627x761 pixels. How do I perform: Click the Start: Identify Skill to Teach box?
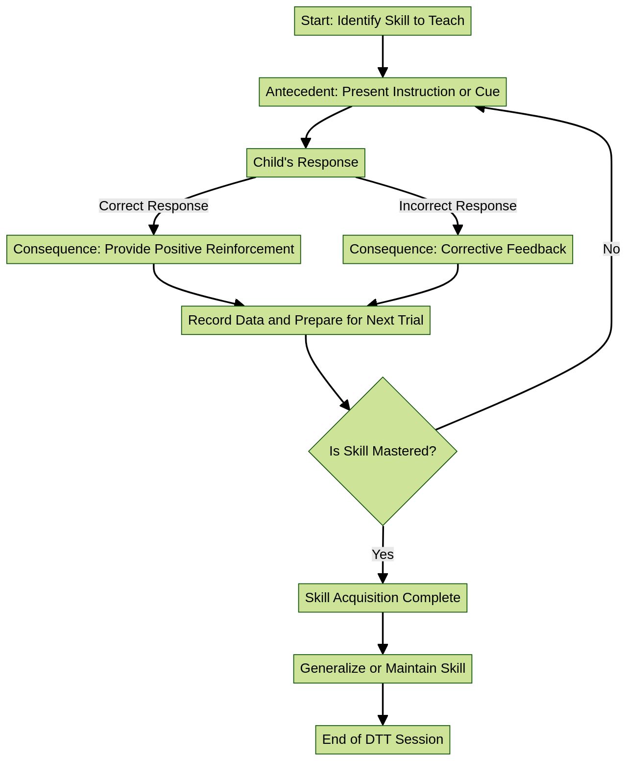(382, 21)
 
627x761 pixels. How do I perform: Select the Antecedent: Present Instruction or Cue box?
(382, 92)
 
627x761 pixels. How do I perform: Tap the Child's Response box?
(305, 162)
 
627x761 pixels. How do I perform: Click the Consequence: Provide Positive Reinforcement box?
(153, 249)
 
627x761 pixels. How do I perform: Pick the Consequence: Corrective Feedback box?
(457, 249)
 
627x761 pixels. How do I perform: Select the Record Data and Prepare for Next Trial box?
(305, 320)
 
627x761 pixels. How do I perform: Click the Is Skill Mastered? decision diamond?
(382, 471)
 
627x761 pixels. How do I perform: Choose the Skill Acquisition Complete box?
(382, 598)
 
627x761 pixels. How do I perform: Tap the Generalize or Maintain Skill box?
(382, 668)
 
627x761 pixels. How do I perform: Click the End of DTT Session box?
(382, 739)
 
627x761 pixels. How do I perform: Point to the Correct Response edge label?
(153, 206)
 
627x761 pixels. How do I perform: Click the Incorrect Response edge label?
(457, 206)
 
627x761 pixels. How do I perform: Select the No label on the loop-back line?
(611, 249)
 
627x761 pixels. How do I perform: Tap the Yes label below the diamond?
(382, 555)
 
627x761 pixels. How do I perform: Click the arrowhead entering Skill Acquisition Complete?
(383, 578)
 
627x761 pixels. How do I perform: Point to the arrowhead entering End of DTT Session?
(383, 720)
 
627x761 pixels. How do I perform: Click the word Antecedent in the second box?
(301, 92)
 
